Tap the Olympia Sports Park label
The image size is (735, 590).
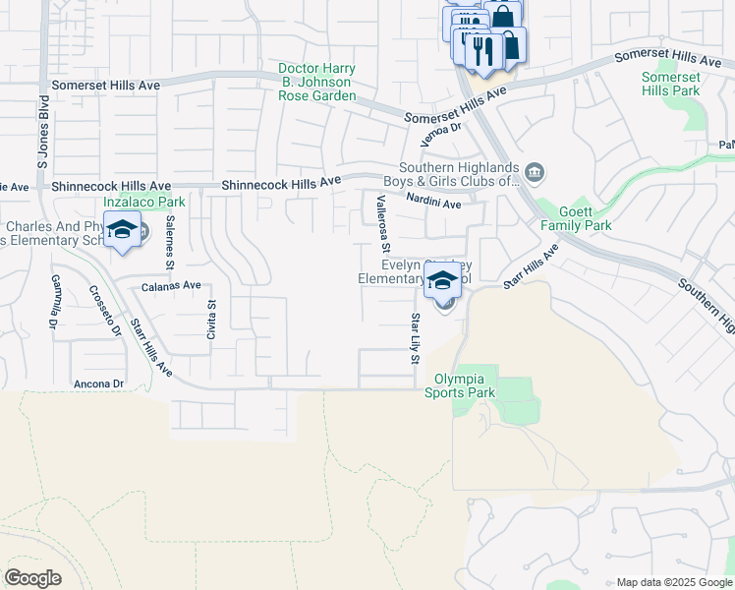click(460, 383)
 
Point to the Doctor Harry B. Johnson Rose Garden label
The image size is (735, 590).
click(315, 83)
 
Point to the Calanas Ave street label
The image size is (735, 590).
click(171, 286)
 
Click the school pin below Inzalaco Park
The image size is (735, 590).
click(122, 232)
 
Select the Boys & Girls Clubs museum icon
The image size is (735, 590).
click(535, 174)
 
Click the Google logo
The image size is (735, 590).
click(32, 578)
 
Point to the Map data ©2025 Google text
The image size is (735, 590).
click(673, 582)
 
